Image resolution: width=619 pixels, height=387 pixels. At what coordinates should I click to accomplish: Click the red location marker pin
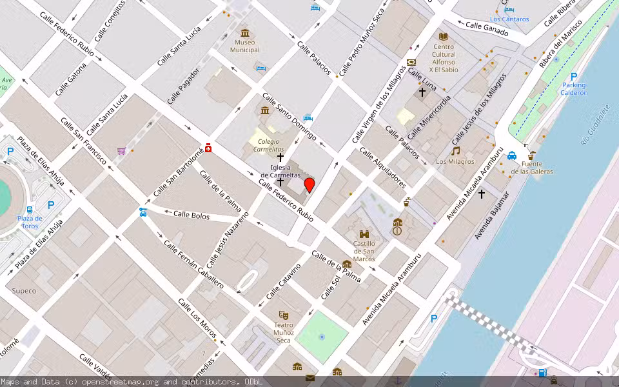tap(309, 185)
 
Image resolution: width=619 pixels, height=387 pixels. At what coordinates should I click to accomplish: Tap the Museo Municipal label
tap(245, 46)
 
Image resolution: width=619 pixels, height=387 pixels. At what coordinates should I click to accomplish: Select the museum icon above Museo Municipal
tap(244, 33)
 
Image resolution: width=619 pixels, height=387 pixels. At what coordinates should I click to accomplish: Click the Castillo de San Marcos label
tap(364, 251)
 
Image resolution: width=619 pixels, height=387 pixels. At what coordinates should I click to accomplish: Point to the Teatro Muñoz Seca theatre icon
tap(283, 315)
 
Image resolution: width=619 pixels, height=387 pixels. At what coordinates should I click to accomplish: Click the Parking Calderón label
tap(574, 88)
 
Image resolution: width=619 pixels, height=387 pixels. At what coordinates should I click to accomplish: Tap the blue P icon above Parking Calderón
tap(573, 77)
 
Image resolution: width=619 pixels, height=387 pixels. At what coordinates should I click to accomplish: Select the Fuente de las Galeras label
tap(532, 168)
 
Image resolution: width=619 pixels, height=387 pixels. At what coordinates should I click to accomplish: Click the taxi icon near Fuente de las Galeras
tap(511, 155)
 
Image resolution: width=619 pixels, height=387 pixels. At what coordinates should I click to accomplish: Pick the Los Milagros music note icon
tap(456, 150)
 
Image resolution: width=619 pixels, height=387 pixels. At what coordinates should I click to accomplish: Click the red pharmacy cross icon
tap(208, 147)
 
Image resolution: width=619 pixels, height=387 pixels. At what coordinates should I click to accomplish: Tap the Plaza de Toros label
tap(30, 222)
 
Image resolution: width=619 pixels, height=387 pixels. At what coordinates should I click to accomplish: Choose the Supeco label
tap(25, 290)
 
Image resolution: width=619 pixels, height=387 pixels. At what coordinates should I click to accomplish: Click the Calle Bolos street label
tap(192, 215)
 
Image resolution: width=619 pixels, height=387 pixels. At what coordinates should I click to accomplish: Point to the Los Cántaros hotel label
tap(509, 19)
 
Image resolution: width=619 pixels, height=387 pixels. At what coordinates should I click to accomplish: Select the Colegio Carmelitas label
tap(267, 145)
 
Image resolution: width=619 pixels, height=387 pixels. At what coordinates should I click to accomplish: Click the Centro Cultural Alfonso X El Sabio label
tap(444, 58)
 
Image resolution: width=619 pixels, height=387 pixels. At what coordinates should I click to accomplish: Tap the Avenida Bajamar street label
tap(492, 216)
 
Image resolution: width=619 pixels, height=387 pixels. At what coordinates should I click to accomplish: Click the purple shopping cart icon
tap(121, 151)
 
